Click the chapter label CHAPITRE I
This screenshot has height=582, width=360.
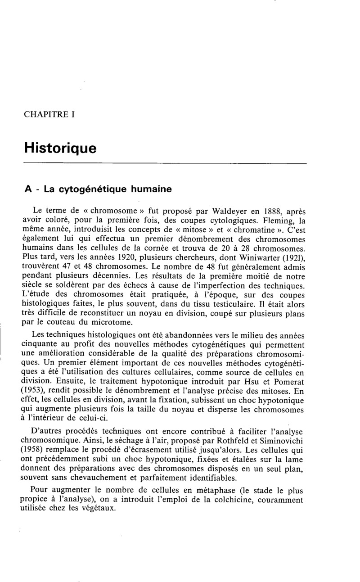pyautogui.click(x=49, y=114)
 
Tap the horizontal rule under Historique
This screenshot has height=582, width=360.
pyautogui.click(x=165, y=163)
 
